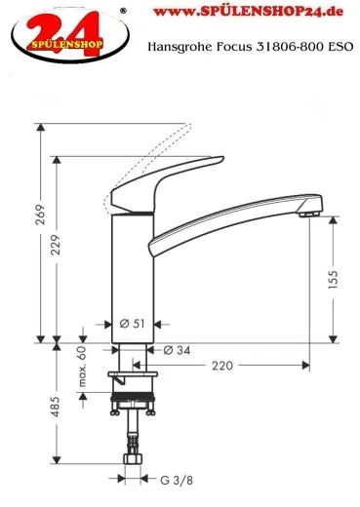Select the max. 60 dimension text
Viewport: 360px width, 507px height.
(83, 367)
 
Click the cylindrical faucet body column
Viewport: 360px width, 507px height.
(132, 273)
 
